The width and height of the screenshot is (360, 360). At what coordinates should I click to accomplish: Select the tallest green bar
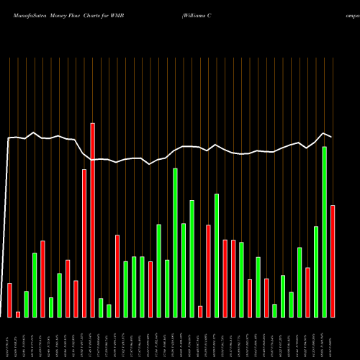[x=324, y=231]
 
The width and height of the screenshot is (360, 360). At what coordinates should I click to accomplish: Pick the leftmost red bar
[x=9, y=300]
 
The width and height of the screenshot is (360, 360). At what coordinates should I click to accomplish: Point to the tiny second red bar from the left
[x=18, y=314]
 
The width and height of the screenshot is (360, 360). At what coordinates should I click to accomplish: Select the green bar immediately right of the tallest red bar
[x=101, y=307]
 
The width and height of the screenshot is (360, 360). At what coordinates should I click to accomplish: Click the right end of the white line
[x=332, y=136]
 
